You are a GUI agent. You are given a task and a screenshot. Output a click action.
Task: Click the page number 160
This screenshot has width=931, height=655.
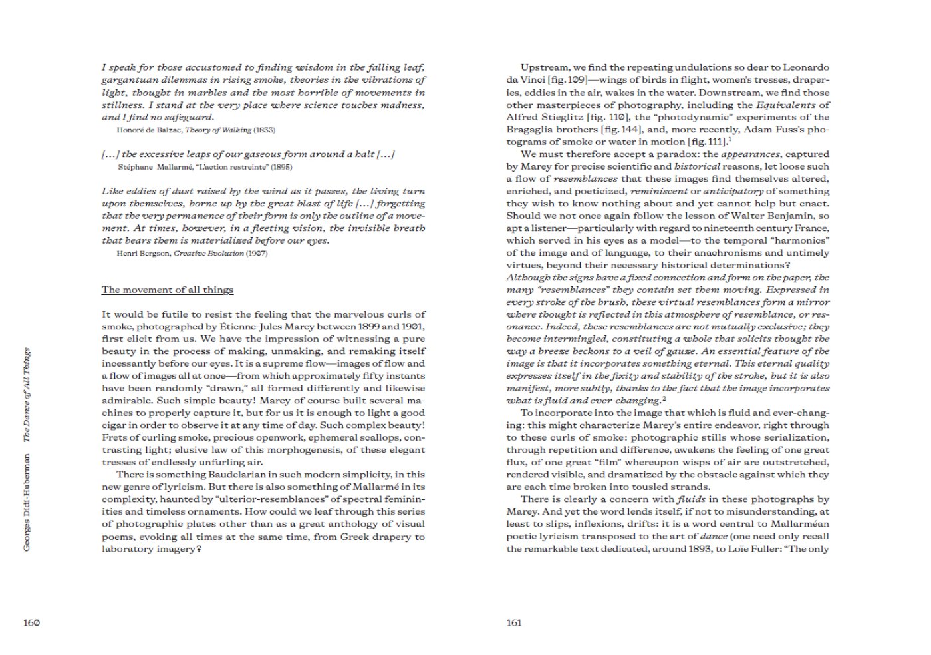click(32, 623)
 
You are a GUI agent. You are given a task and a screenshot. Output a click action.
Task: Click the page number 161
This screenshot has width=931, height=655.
click(513, 623)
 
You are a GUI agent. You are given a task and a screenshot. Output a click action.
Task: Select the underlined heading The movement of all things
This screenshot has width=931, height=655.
click(167, 290)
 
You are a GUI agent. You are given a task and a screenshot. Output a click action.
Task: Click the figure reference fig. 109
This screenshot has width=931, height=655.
click(571, 80)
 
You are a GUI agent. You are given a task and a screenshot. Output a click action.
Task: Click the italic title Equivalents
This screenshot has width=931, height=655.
click(785, 105)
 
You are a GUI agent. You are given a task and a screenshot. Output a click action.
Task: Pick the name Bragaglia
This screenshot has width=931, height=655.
click(530, 130)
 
